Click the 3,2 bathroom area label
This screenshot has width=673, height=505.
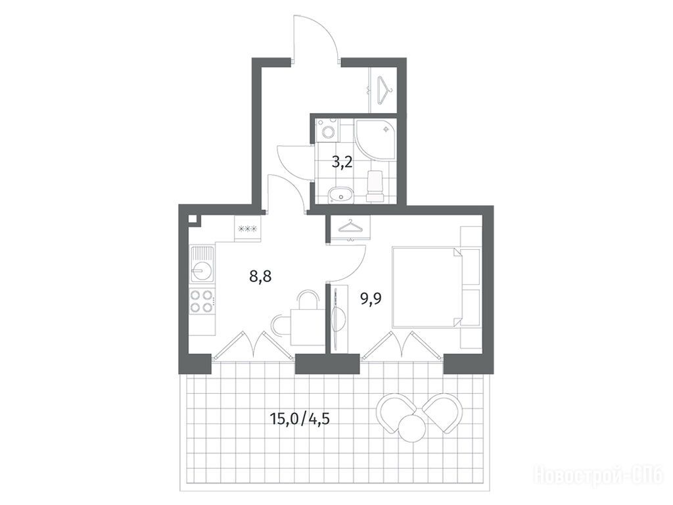click(342, 162)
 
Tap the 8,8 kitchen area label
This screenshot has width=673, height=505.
click(260, 276)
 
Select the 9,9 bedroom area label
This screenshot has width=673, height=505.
click(371, 297)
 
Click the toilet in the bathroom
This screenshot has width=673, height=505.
click(374, 185)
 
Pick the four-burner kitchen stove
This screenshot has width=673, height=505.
click(202, 301)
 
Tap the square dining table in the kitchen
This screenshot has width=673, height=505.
click(304, 327)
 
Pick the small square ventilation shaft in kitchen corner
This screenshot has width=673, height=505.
click(193, 218)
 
